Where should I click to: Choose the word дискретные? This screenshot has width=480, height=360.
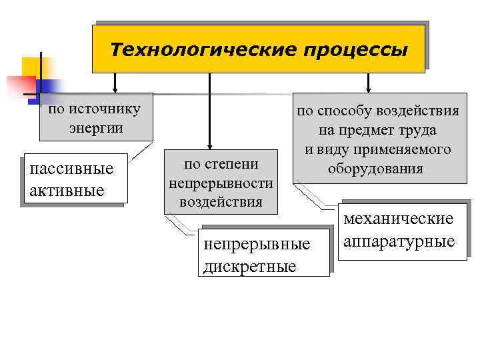pos(248,267)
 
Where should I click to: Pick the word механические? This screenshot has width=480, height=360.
pos(399,218)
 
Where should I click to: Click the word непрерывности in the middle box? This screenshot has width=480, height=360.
pos(221,182)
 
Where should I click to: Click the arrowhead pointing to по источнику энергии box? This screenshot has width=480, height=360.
pos(115,88)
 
